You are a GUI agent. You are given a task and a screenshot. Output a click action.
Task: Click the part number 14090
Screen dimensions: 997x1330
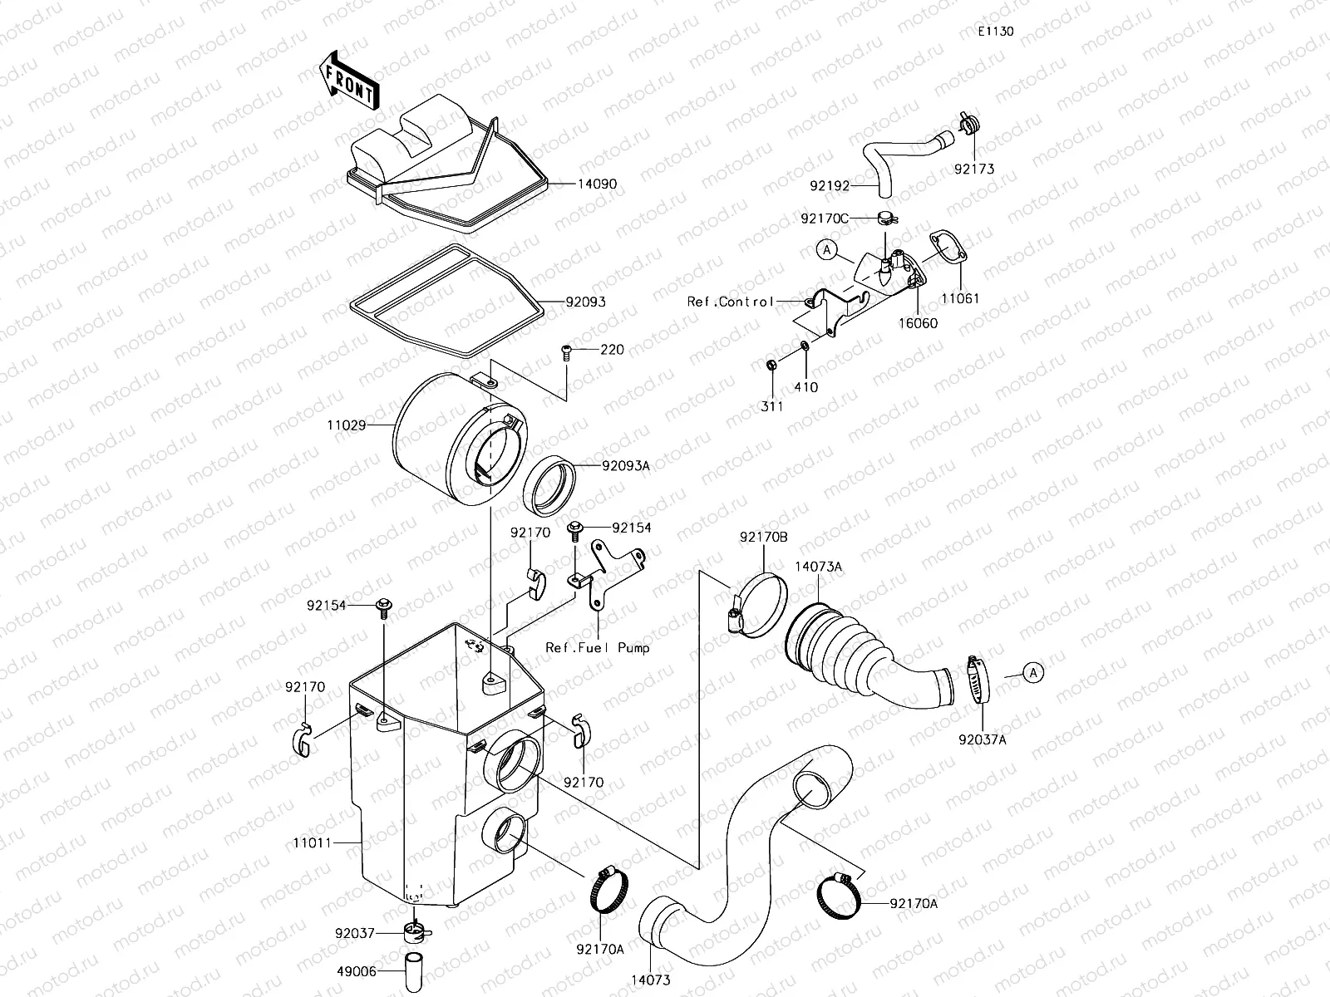(597, 184)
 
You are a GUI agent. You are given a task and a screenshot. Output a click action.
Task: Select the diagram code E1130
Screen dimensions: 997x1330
(995, 32)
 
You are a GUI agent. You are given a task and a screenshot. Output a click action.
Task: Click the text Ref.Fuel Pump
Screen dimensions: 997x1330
(597, 647)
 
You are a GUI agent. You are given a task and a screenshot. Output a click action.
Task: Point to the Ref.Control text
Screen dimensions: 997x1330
(730, 302)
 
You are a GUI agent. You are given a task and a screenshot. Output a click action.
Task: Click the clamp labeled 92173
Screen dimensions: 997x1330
(967, 125)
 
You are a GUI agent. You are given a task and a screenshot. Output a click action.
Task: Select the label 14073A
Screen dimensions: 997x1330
(818, 567)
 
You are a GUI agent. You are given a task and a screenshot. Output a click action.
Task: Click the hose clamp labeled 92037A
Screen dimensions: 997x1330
(979, 680)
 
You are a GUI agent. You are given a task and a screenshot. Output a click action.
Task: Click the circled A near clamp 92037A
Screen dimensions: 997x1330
(1032, 672)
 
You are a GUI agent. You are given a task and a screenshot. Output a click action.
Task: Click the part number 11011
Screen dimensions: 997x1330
(312, 842)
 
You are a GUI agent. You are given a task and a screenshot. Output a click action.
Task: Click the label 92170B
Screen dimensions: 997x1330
(763, 537)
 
